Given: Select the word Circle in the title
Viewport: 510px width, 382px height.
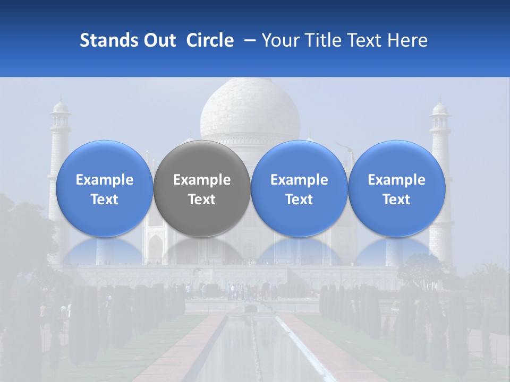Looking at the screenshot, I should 210,40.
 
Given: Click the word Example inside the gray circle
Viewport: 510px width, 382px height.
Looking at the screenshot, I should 202,180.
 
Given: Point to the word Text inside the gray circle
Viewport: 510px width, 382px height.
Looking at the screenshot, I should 202,199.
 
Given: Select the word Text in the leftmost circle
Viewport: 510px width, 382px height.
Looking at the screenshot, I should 105,199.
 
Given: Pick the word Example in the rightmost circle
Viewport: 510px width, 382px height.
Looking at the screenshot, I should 397,180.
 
